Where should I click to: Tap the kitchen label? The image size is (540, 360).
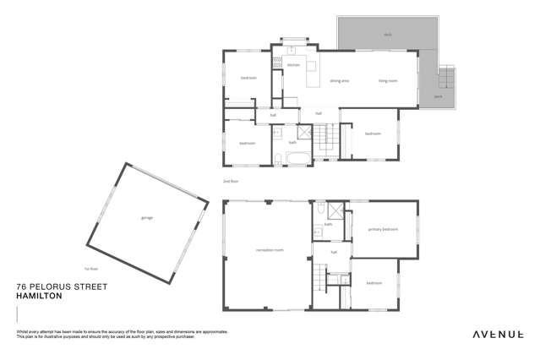point(293,65)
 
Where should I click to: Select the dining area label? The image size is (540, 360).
point(340,82)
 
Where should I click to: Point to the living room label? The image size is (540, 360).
point(388,82)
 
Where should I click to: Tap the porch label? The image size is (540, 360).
point(438,97)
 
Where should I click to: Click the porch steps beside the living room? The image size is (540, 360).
point(449,79)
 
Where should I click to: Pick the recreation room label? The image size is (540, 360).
point(269,250)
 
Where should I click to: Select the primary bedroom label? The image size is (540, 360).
point(383,229)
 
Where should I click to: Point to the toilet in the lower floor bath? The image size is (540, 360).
point(318,232)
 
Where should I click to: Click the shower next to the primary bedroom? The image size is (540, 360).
point(335,211)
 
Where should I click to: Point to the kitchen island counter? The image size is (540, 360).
point(311,67)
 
